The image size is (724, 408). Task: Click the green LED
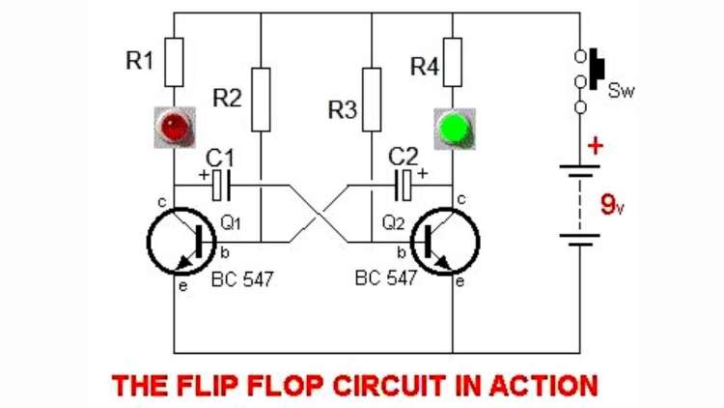point(454,129)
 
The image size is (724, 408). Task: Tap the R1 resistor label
point(140,61)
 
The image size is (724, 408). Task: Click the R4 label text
point(424,68)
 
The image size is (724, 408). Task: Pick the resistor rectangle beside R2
point(262,99)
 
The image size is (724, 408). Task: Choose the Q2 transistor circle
point(445,241)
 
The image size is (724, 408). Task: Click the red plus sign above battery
point(595,146)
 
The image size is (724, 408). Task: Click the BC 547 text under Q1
point(242,279)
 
